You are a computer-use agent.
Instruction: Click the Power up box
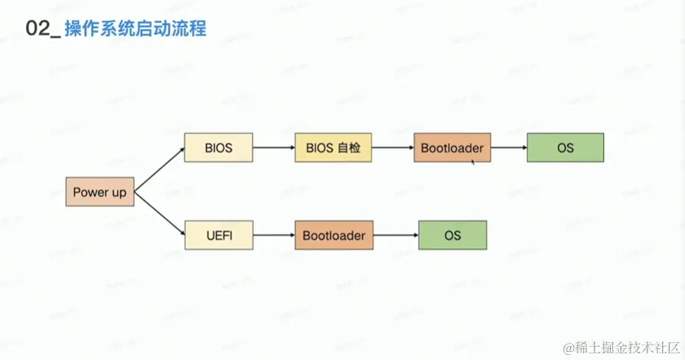click(x=99, y=192)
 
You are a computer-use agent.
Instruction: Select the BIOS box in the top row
click(x=218, y=148)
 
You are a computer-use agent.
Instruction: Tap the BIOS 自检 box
click(x=333, y=148)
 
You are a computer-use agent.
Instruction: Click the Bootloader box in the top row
click(x=452, y=148)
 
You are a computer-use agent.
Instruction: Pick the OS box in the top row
click(x=564, y=148)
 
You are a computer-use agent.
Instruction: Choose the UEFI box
click(x=218, y=236)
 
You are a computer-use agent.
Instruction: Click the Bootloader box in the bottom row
click(x=333, y=236)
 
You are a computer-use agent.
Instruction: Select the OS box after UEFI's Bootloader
click(x=452, y=236)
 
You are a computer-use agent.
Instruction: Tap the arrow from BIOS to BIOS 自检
click(x=274, y=148)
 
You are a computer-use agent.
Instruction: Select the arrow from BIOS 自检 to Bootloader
click(x=392, y=148)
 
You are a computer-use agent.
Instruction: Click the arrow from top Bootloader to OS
click(x=508, y=148)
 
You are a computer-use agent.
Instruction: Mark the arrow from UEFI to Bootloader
click(x=274, y=236)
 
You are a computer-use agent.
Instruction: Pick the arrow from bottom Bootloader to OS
click(x=395, y=236)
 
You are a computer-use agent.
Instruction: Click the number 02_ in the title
click(x=41, y=29)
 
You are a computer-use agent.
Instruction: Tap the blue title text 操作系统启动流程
click(x=135, y=29)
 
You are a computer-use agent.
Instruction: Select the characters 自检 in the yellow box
click(x=349, y=148)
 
